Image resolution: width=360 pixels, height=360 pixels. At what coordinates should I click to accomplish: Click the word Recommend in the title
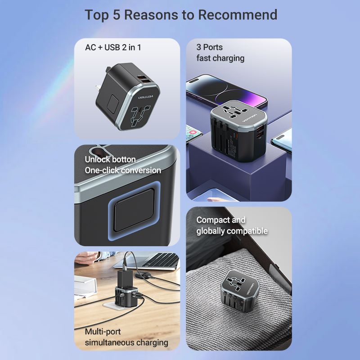[238, 15]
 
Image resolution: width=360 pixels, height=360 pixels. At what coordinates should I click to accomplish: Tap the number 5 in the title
[117, 15]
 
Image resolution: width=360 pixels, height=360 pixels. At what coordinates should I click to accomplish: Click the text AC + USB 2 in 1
[113, 47]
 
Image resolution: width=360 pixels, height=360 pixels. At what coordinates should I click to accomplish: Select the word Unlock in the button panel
[97, 159]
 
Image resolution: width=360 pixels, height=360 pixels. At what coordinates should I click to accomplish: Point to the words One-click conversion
[123, 171]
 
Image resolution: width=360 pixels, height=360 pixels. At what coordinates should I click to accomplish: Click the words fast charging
[220, 58]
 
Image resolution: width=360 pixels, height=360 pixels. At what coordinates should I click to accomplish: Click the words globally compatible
[232, 231]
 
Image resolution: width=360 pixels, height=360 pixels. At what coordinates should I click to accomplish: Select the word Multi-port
[103, 332]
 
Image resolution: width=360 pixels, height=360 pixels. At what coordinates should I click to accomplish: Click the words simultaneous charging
[126, 342]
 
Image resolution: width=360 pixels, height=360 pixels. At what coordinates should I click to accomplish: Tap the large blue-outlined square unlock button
[134, 210]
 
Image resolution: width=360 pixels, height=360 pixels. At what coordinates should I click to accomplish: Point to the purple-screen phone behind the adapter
[226, 92]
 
